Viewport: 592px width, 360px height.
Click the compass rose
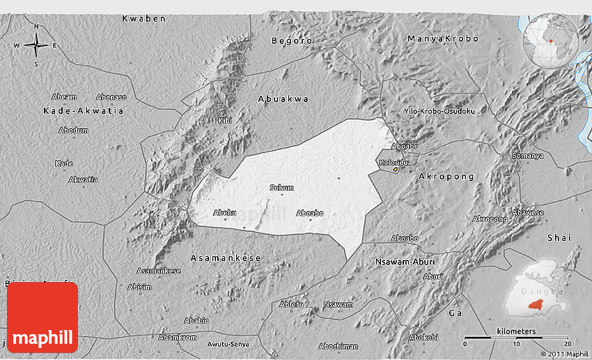tap(36, 46)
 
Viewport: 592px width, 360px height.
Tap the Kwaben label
tap(144, 18)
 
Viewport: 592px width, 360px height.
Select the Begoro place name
tap(292, 40)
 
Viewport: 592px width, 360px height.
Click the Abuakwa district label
tap(283, 99)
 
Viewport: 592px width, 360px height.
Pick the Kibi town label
tap(225, 120)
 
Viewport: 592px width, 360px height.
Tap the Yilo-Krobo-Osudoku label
tap(439, 111)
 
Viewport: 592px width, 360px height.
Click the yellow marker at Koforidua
tap(396, 169)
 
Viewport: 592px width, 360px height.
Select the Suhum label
tap(281, 187)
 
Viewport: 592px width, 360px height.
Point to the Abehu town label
tap(225, 212)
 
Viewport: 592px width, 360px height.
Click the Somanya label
tap(527, 155)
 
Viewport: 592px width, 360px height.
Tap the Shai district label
tap(559, 237)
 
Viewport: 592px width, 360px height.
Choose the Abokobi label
tap(423, 337)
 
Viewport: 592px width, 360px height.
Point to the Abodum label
tap(73, 130)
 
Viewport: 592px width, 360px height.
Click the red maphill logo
tap(42, 317)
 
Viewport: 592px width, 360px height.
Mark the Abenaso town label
tap(111, 97)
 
